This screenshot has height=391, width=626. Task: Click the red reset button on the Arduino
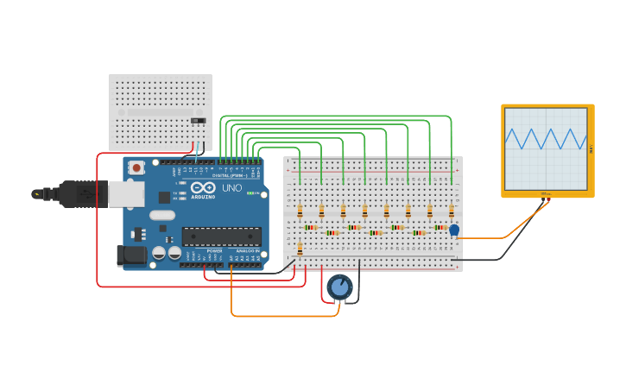136,167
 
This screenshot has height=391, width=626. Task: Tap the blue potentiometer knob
339,287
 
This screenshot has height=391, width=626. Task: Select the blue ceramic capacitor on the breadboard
454,230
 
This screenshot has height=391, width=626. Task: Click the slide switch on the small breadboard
199,120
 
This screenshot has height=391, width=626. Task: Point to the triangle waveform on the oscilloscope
545,138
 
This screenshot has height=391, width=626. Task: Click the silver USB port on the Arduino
126,194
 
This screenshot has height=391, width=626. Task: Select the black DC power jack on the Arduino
130,255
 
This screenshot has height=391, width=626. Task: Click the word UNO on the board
232,188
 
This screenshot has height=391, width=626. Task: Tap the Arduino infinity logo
204,187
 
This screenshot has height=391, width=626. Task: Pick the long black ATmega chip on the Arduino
221,236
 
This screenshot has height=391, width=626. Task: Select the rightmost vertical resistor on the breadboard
451,211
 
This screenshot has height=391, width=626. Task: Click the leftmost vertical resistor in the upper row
300,211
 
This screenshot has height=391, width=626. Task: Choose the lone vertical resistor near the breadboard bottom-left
300,249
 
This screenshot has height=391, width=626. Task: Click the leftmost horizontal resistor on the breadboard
311,228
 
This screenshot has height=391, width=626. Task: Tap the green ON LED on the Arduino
250,192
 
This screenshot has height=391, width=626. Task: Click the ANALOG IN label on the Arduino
248,250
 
